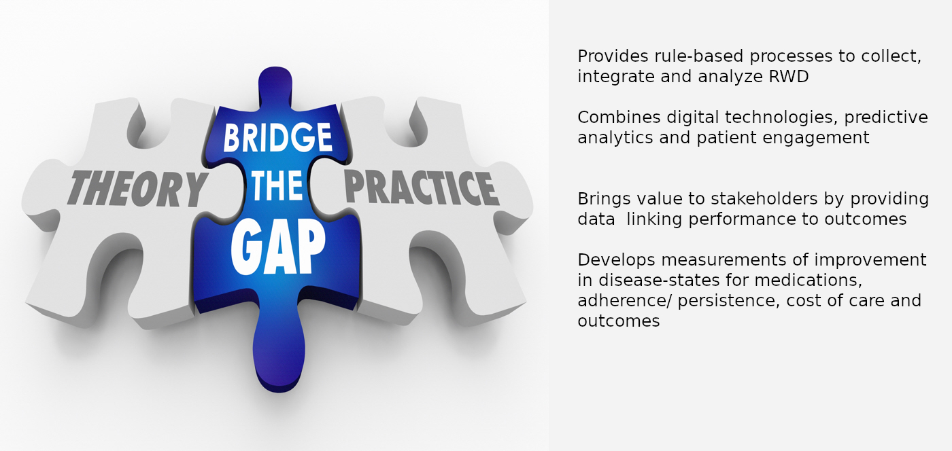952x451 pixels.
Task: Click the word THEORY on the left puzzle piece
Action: point(137,188)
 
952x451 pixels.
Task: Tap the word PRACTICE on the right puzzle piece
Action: point(421,187)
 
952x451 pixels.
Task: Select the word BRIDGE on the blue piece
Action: point(277,137)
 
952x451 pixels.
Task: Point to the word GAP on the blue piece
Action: point(278,249)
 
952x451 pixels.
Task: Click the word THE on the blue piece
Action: point(277,185)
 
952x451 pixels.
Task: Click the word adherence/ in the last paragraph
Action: point(625,300)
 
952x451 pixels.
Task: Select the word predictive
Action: point(885,118)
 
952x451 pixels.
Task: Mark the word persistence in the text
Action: point(728,300)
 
